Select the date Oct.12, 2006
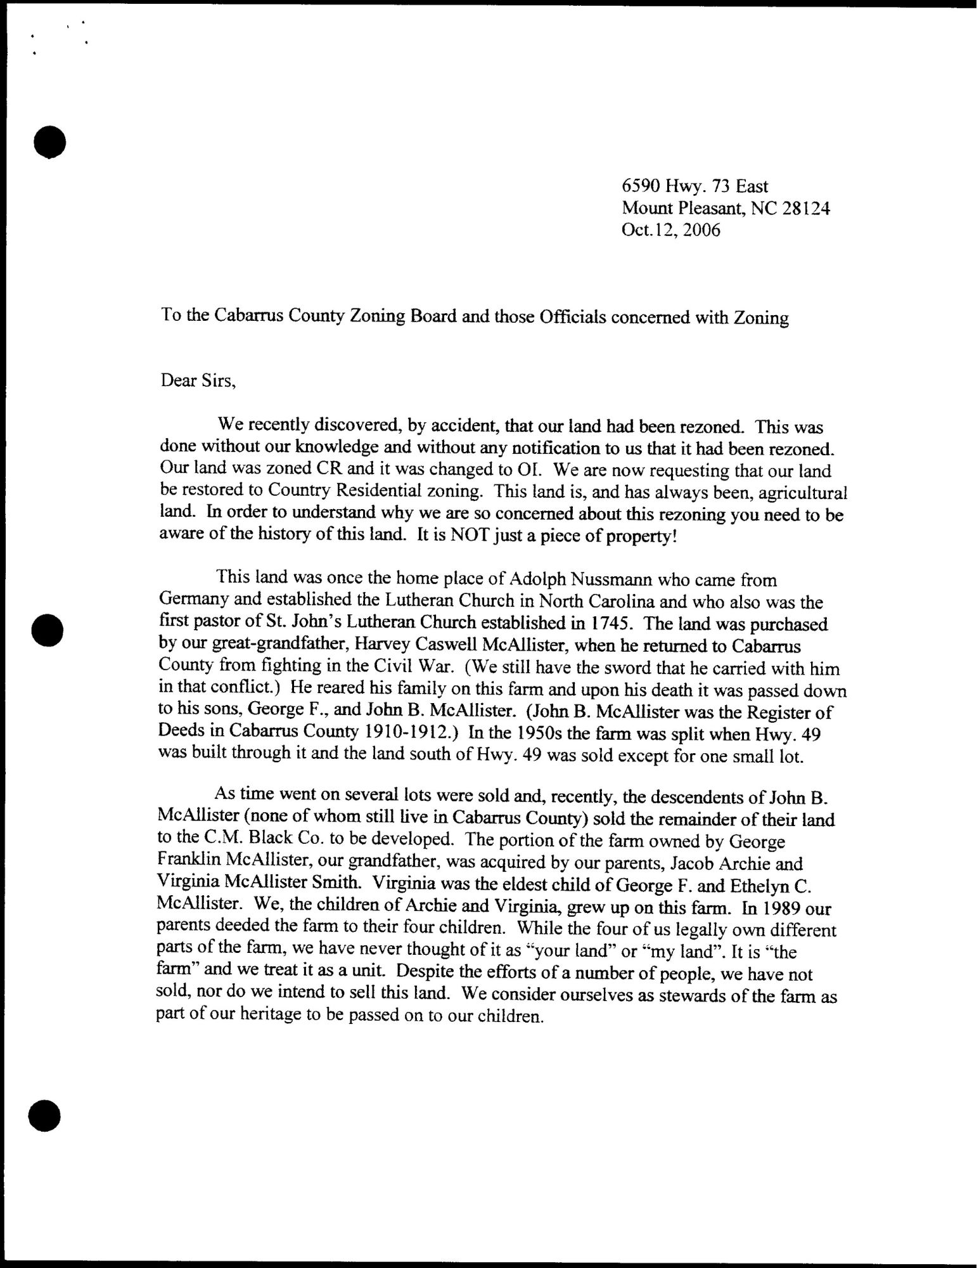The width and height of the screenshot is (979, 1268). coord(671,230)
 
